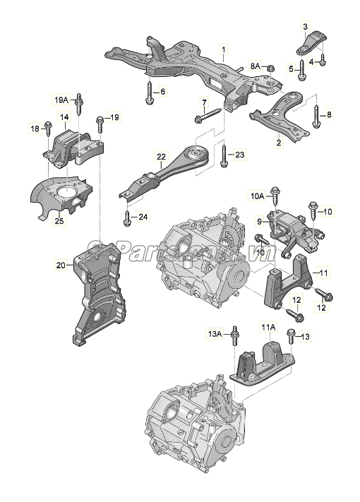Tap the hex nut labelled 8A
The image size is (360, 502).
[x=270, y=68]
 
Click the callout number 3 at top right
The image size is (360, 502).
[x=306, y=26]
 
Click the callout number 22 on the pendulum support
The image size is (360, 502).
[x=161, y=157]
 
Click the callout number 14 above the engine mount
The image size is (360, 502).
[x=64, y=117]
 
